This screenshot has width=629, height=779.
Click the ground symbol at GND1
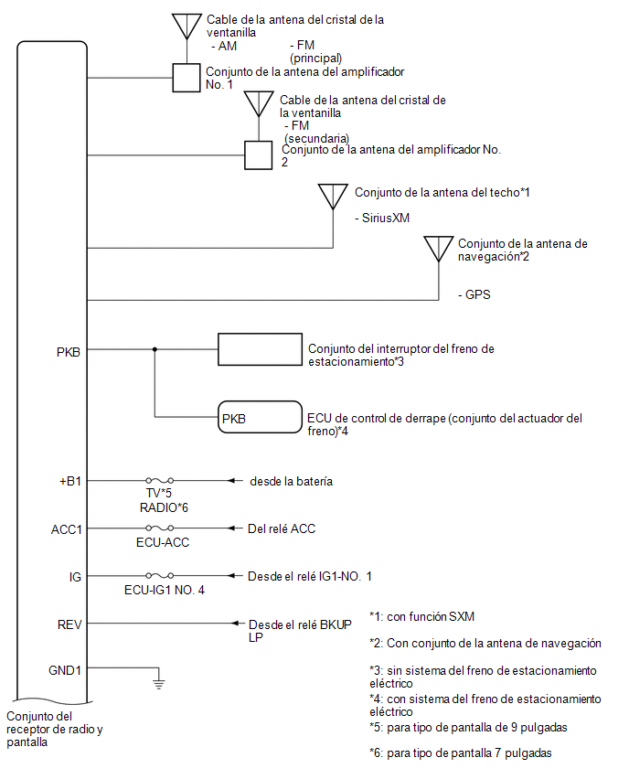tap(158, 683)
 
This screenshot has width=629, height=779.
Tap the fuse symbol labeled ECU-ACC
tap(159, 528)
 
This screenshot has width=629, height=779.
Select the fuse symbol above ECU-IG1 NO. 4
tap(159, 575)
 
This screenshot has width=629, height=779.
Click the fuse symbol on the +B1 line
tap(159, 480)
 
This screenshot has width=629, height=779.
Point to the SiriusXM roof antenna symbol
tap(333, 197)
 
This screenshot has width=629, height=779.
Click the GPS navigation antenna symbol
tap(439, 249)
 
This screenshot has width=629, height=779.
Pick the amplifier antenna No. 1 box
tap(187, 78)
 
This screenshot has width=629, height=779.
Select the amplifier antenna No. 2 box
tap(259, 155)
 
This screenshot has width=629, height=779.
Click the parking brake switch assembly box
tap(260, 349)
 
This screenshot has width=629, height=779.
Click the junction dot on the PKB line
tap(155, 349)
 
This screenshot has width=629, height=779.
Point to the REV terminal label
tap(69, 624)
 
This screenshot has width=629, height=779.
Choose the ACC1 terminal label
tap(66, 529)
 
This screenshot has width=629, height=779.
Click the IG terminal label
tap(75, 577)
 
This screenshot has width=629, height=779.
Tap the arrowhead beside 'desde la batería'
tap(231, 480)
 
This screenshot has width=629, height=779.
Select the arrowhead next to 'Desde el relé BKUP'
tap(237, 623)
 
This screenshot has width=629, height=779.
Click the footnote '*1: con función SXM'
tap(421, 616)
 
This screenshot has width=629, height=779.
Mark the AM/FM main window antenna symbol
tap(187, 27)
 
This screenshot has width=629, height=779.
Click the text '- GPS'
tap(474, 294)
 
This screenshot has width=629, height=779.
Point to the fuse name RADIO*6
tap(164, 507)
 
